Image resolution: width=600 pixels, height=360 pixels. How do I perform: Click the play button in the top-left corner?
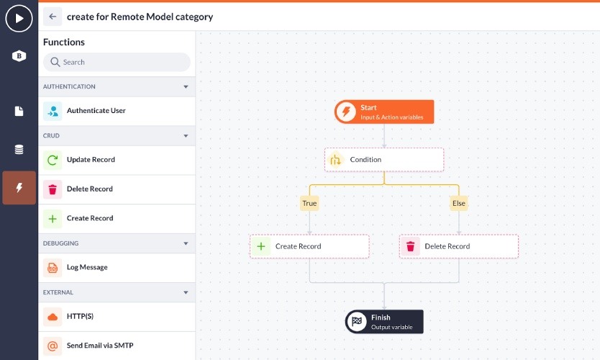(x=19, y=18)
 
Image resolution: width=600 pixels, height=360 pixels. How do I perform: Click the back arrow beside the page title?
(x=53, y=17)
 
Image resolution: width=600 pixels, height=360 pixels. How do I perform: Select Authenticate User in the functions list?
(x=96, y=111)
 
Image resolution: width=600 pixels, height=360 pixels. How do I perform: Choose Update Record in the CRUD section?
(x=91, y=160)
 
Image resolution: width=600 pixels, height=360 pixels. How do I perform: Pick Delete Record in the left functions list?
(x=90, y=189)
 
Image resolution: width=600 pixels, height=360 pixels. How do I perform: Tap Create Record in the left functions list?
(x=90, y=218)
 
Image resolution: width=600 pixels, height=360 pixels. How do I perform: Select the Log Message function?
(x=87, y=267)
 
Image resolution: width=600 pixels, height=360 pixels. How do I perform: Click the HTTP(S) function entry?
(x=80, y=316)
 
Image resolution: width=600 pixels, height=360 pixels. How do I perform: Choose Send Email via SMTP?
(x=100, y=346)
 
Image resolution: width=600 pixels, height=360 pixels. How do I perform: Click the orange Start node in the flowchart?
(x=384, y=112)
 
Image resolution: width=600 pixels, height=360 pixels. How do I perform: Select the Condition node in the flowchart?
(x=384, y=160)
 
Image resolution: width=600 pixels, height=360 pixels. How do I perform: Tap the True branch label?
(x=309, y=203)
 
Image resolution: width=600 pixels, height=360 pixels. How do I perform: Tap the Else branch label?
(x=459, y=203)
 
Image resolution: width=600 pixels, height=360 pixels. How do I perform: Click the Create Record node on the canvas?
(x=309, y=246)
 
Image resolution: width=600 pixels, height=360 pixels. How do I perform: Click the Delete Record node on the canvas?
(x=459, y=246)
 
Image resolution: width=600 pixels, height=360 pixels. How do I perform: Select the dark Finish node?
(x=384, y=322)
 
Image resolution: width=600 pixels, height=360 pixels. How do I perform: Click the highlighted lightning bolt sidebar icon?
(x=19, y=188)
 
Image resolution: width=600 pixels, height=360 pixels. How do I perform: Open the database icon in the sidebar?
(x=19, y=150)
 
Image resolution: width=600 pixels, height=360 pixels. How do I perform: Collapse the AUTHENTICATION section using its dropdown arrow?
(x=186, y=87)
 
